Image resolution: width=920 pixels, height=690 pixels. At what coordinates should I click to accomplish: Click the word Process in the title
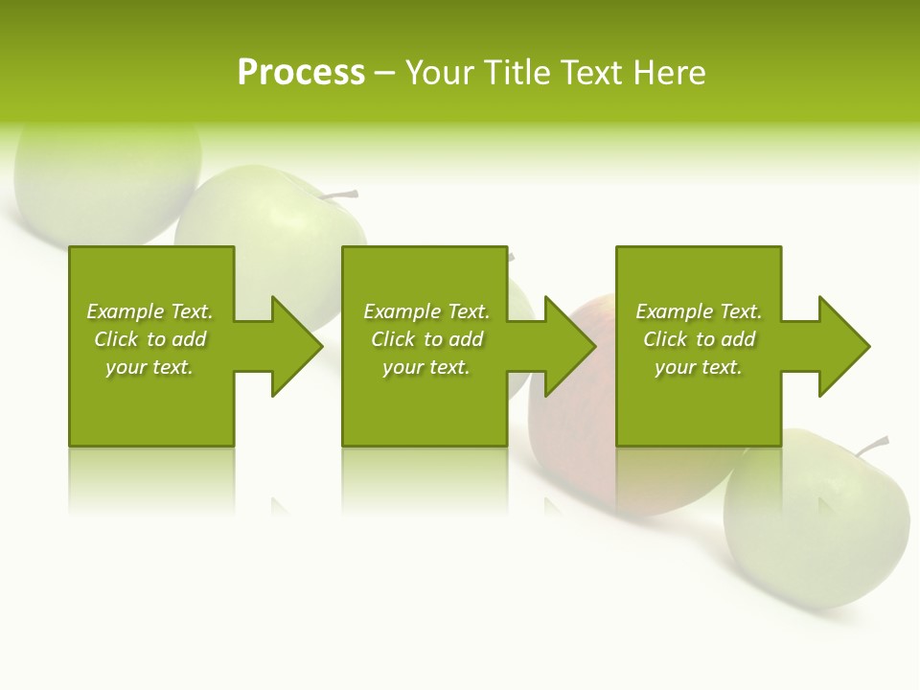click(x=301, y=73)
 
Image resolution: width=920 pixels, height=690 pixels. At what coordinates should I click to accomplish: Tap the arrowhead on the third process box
click(x=842, y=346)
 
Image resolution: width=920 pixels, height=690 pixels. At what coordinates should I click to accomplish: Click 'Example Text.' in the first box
click(x=149, y=311)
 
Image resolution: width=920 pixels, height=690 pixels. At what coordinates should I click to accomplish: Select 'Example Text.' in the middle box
click(x=426, y=311)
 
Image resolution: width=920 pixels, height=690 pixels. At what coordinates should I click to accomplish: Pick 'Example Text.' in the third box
click(x=699, y=311)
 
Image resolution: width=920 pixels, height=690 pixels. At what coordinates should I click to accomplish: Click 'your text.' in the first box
click(x=149, y=367)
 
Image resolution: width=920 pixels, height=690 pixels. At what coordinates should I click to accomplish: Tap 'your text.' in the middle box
click(x=426, y=367)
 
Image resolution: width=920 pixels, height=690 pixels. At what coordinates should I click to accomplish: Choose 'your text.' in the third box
click(x=699, y=367)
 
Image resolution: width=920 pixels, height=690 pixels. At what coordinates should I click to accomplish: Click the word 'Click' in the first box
click(x=116, y=339)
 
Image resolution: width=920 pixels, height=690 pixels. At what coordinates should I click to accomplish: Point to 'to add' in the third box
click(x=725, y=339)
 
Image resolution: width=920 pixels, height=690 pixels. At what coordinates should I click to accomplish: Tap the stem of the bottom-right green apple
click(x=873, y=446)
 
